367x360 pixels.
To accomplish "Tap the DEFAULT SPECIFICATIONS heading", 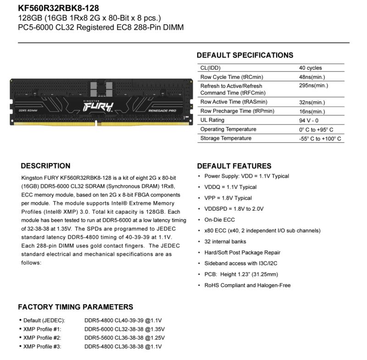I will tap(245, 56).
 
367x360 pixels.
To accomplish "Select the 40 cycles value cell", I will tap(310, 68).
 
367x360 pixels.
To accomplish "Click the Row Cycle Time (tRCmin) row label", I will tap(232, 77).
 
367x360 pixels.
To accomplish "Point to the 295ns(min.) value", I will tap(313, 86).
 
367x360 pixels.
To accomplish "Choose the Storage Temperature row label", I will tap(226, 138).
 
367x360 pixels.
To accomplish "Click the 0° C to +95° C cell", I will tap(316, 129).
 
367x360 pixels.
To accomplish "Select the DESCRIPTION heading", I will tap(46, 166).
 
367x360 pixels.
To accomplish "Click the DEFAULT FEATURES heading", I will tap(234, 166).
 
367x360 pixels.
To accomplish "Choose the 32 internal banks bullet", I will tap(225, 242).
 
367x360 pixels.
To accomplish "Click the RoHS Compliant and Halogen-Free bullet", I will tap(247, 285).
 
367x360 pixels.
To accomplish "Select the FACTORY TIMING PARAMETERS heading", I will tap(76, 307).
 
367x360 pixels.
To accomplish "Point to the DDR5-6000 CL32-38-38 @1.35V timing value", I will tap(124, 329).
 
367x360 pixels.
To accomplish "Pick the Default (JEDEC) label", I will tap(44, 320).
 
